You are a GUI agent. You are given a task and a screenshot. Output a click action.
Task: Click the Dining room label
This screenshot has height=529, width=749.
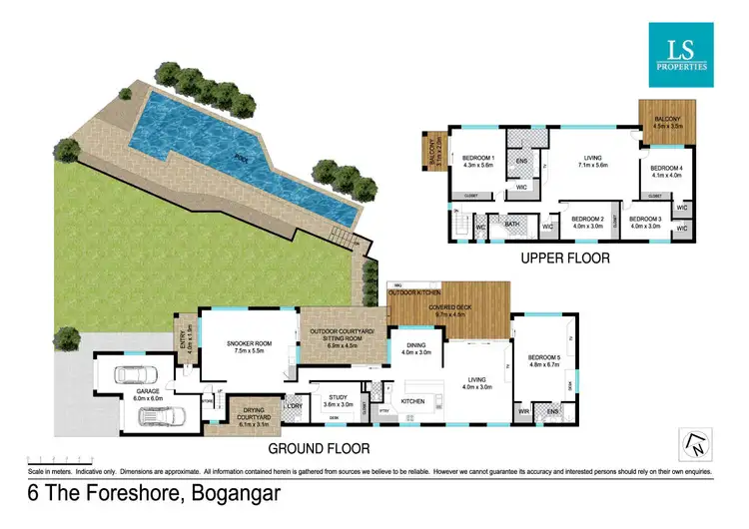coord(415,349)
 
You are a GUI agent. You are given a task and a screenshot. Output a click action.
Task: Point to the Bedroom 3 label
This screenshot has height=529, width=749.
coord(646,222)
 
